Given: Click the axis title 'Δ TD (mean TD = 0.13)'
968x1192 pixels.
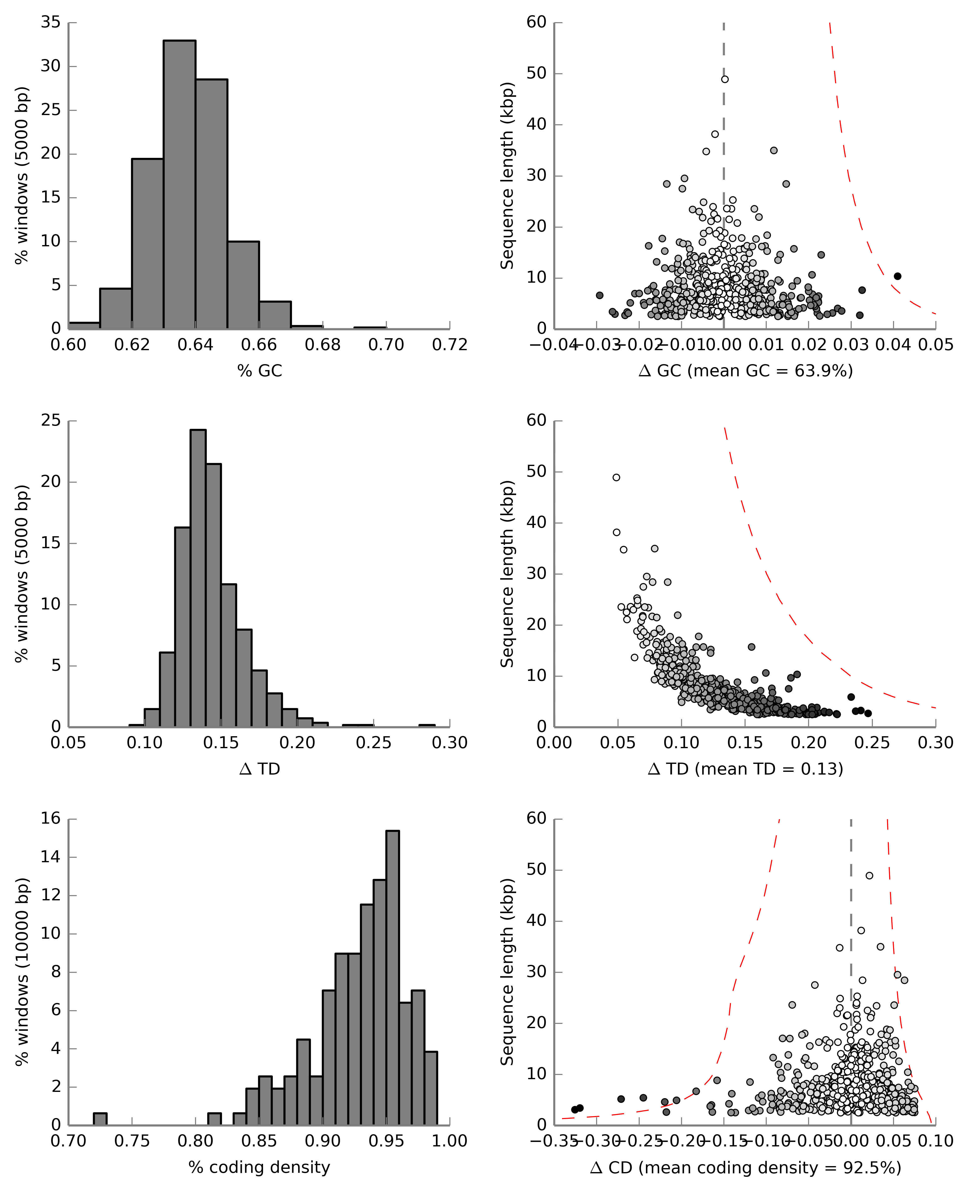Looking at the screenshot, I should [746, 769].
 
